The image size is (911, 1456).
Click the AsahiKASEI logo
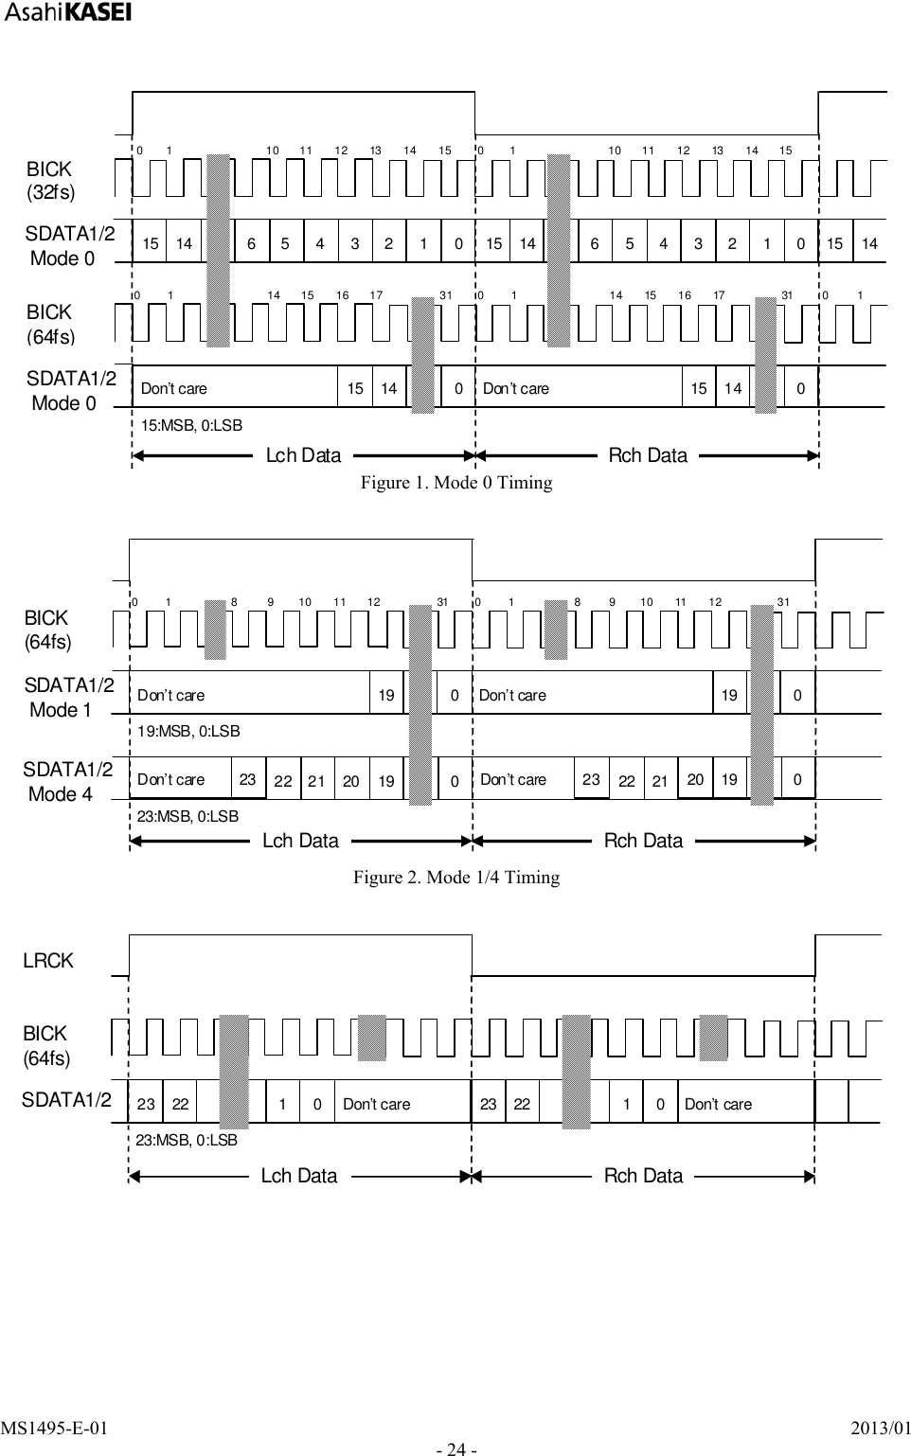66,12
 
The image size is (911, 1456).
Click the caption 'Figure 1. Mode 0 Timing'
455,483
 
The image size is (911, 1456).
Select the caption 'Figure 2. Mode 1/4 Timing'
455,878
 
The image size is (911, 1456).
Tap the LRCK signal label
47,961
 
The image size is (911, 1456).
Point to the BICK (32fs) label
49,180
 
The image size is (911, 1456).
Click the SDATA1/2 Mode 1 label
68,697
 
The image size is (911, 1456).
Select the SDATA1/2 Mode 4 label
67,782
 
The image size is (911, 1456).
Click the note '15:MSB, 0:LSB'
191,426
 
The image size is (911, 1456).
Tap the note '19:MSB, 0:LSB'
188,731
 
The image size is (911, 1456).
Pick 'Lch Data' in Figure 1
303,455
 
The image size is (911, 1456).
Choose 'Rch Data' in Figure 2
643,841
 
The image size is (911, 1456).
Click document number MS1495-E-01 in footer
54,1428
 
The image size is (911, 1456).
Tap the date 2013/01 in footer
880,1428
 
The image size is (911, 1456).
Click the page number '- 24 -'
455,1448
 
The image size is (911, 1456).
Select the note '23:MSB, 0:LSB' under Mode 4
188,816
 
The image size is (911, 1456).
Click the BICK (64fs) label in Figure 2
47,630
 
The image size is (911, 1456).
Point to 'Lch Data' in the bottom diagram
299,1176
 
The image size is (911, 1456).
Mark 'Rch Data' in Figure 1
648,455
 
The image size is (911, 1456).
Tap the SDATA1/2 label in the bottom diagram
66,1100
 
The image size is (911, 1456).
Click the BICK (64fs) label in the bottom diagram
45,1045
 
